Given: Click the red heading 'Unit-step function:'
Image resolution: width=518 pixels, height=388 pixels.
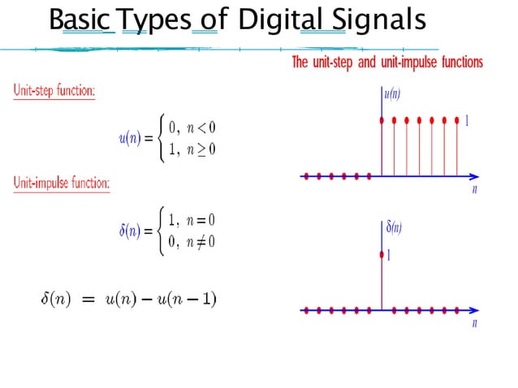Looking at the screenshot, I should pyautogui.click(x=54, y=90).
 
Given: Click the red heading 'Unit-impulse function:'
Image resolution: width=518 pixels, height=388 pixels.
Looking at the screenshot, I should pyautogui.click(x=62, y=183).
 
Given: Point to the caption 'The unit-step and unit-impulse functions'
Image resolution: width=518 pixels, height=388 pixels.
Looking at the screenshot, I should pyautogui.click(x=387, y=63).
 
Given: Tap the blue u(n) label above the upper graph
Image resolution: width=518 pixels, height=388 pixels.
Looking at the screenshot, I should pyautogui.click(x=391, y=93).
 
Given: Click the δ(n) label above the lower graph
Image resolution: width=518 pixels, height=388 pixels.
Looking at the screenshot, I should pyautogui.click(x=393, y=227).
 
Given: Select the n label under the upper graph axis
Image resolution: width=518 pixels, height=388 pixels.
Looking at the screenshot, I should pyautogui.click(x=474, y=189).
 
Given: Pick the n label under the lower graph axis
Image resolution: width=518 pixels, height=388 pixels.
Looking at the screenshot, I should pyautogui.click(x=474, y=323).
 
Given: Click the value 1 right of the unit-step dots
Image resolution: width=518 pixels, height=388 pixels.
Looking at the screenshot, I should pyautogui.click(x=468, y=121).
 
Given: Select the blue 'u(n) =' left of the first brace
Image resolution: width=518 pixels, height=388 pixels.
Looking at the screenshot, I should pyautogui.click(x=136, y=139).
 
